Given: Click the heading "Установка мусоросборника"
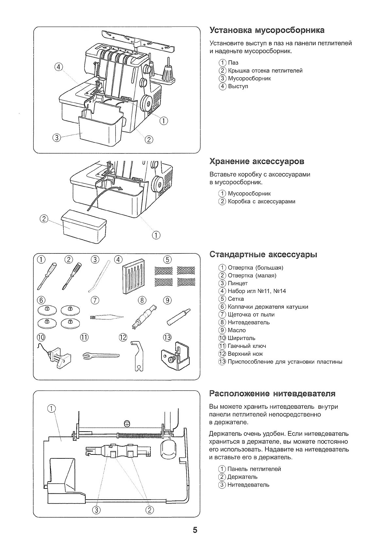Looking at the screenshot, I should [267, 30].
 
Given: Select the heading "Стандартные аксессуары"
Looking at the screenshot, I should [263, 255].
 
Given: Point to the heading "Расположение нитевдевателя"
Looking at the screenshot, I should [272, 393].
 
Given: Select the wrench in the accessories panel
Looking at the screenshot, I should [101, 356].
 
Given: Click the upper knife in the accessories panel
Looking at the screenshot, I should [138, 356].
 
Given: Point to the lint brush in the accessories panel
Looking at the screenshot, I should [106, 317].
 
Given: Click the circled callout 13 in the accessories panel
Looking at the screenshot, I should [167, 337].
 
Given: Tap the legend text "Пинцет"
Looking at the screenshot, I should [238, 283].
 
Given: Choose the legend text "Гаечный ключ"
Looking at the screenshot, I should [247, 346].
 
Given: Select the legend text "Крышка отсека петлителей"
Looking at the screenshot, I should [265, 71].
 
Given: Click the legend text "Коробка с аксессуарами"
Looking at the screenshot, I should [262, 201].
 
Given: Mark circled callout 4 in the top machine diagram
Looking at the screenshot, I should [58, 67].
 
